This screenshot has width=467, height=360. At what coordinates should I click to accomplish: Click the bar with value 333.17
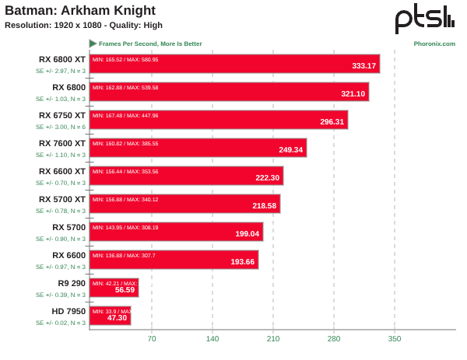click(234, 64)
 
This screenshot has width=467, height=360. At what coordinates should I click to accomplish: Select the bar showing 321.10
click(229, 92)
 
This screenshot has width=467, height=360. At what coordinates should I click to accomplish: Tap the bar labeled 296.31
click(218, 120)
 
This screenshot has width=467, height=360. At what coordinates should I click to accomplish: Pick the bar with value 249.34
click(198, 148)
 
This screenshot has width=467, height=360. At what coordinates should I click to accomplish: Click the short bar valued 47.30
click(110, 316)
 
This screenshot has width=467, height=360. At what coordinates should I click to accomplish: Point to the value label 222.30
click(267, 178)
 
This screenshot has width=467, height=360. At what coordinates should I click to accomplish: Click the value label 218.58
click(265, 206)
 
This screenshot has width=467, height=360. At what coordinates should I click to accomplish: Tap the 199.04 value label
click(248, 234)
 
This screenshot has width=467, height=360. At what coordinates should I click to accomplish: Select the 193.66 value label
click(243, 262)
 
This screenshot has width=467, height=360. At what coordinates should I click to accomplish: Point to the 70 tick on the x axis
click(152, 339)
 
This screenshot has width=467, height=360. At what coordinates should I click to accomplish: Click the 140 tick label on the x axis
click(212, 339)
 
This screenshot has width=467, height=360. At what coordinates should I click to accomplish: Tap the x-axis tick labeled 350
click(395, 339)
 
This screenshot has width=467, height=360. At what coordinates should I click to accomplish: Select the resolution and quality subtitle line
click(83, 25)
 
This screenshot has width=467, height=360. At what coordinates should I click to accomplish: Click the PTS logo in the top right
click(424, 18)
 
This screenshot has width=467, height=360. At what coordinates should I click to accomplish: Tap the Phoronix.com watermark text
click(434, 44)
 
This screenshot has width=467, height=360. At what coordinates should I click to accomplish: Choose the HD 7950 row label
click(69, 311)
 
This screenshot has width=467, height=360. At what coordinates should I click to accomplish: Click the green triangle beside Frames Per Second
click(93, 44)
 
